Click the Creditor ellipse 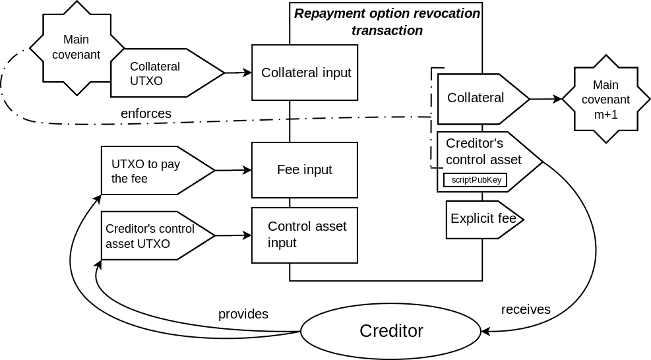391,331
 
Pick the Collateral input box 305,73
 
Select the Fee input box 305,170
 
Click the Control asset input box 305,235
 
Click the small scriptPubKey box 475,180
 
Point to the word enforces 146,113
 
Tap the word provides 243,314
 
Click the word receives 526,309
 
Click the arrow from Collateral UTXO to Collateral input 238,73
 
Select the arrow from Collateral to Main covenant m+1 545,99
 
